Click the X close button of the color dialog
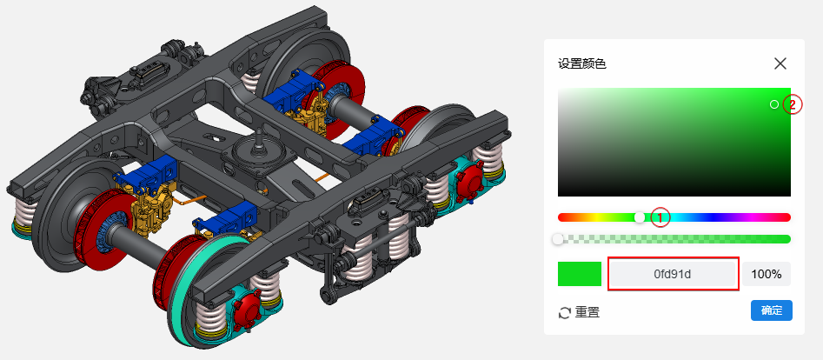click(x=780, y=63)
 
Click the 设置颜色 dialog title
click(x=582, y=64)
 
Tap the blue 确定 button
click(x=772, y=310)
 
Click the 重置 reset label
click(x=587, y=313)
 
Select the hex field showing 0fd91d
click(x=673, y=274)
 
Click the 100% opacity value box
click(x=767, y=274)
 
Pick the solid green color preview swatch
click(x=580, y=274)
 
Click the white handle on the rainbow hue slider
click(x=640, y=217)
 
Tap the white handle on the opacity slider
click(x=558, y=239)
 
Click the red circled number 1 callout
click(x=660, y=217)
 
